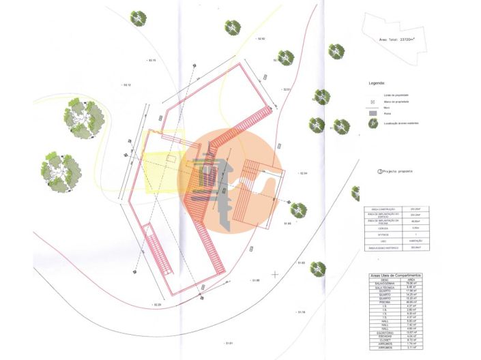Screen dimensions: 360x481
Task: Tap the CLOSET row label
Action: point(383,339)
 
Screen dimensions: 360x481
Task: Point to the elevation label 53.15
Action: point(151,61)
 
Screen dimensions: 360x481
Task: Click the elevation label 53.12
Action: point(126,85)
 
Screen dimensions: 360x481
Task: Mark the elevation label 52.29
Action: point(157,304)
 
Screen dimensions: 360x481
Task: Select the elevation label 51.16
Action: point(301,312)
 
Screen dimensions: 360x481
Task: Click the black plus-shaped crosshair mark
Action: point(274,274)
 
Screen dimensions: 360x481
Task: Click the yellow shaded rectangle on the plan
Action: point(162,164)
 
